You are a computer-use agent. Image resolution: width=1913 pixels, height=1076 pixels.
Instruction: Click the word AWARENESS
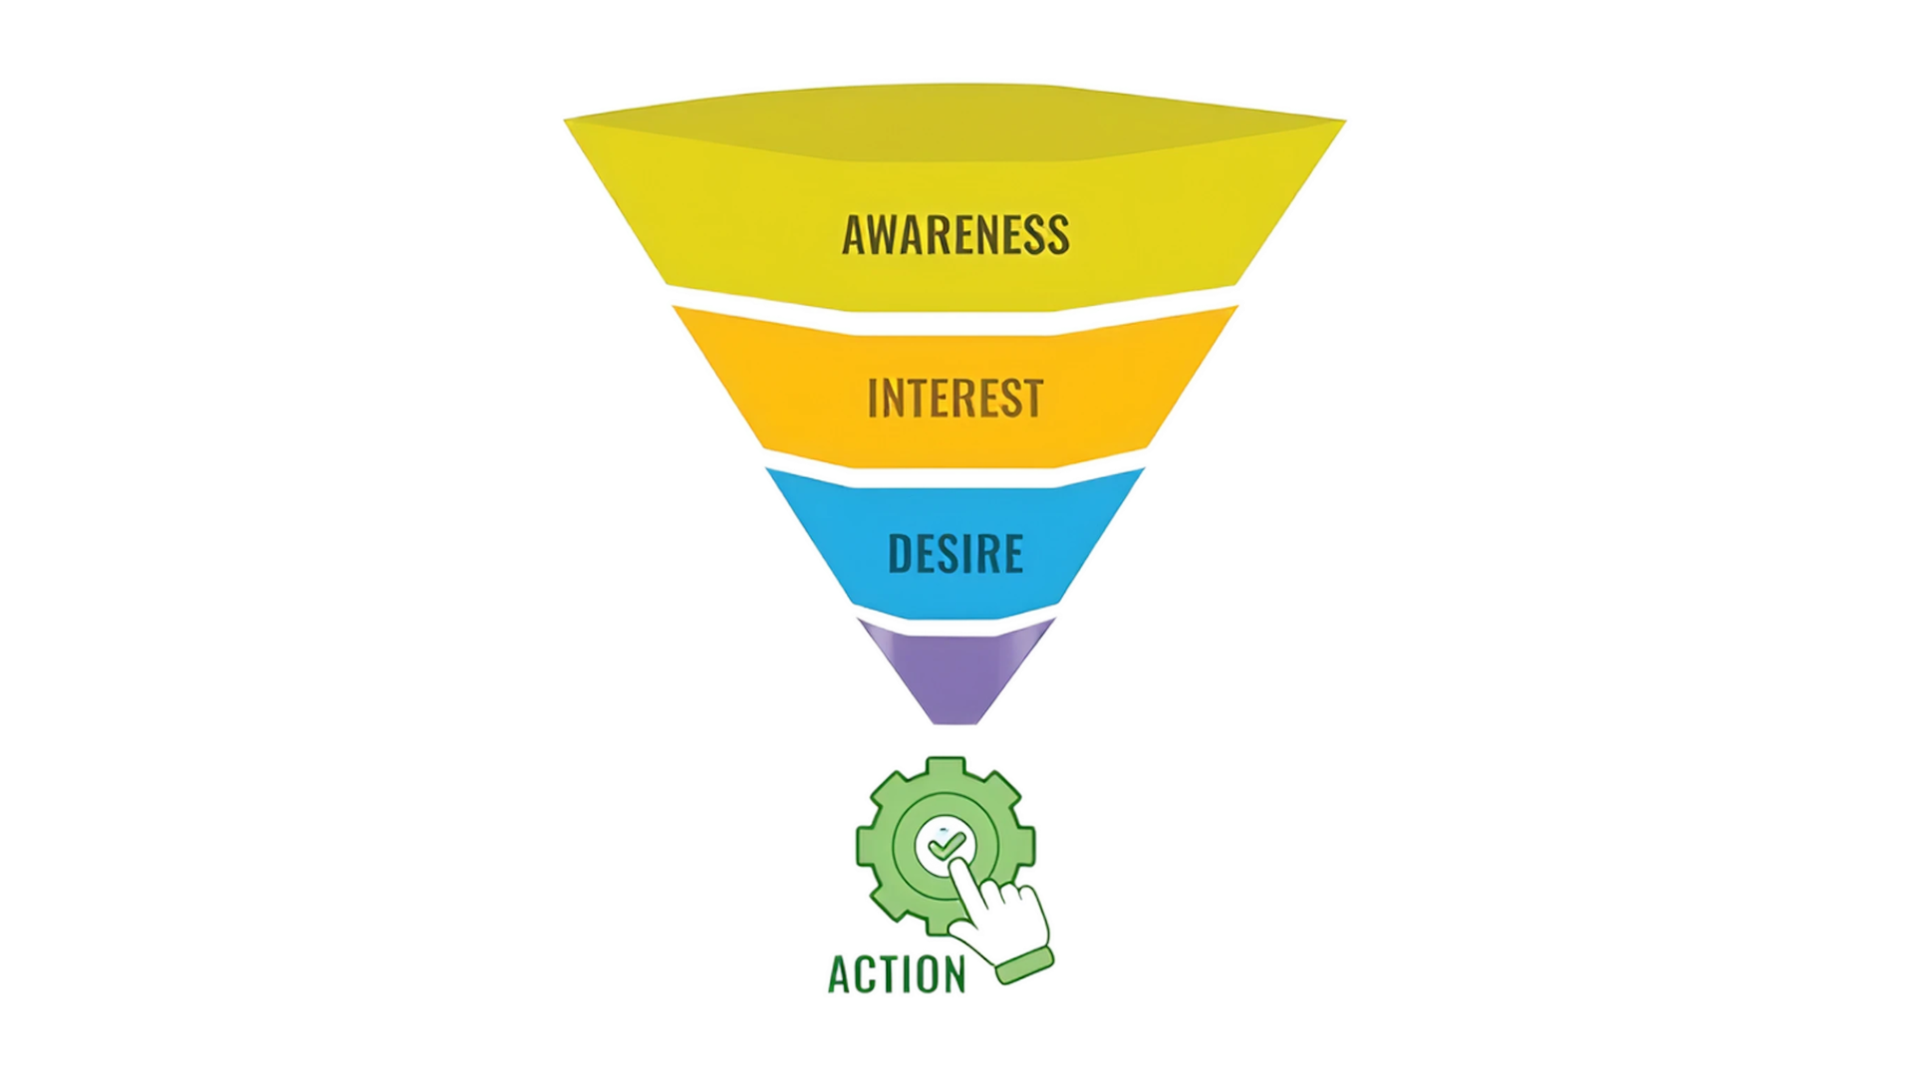(x=956, y=235)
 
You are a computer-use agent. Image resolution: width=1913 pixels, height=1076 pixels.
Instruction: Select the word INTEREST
(x=956, y=398)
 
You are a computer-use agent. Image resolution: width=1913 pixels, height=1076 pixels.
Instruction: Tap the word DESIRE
(x=956, y=554)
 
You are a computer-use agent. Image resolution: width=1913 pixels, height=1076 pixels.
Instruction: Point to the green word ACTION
(x=897, y=975)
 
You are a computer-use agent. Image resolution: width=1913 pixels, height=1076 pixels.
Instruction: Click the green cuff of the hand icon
(x=1024, y=963)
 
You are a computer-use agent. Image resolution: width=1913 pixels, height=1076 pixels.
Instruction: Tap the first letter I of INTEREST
(x=873, y=398)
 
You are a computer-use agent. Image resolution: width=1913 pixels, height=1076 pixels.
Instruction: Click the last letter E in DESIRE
(x=1012, y=554)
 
